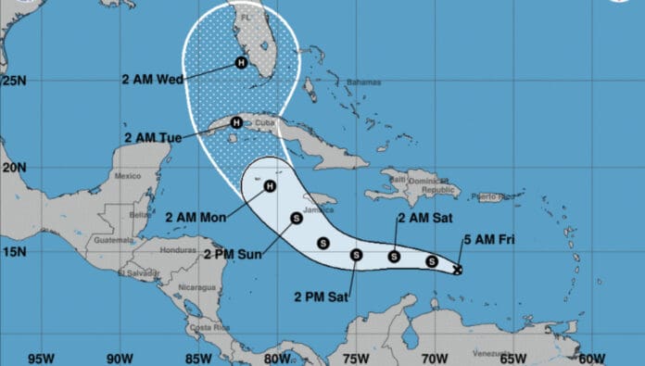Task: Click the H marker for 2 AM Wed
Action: [241, 63]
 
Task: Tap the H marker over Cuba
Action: [236, 121]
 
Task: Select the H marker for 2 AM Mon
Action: [270, 185]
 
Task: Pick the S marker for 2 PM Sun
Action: [296, 219]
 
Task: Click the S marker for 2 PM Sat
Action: [356, 255]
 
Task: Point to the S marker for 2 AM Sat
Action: [395, 256]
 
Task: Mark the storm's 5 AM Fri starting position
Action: [458, 270]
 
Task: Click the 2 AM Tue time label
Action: [153, 137]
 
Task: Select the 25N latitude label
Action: [14, 81]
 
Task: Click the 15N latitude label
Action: [14, 251]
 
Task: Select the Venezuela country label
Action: [488, 353]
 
